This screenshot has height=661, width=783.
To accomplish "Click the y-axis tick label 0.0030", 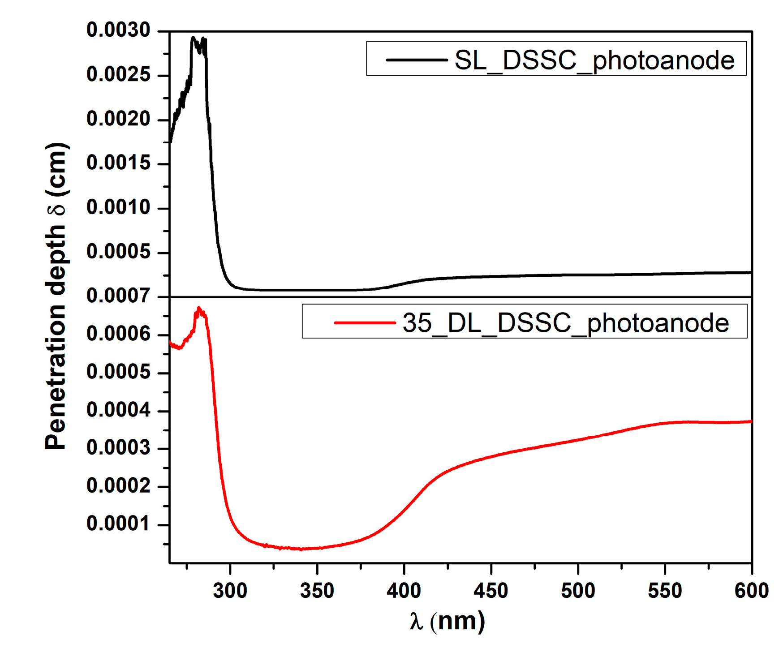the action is pyautogui.click(x=118, y=30).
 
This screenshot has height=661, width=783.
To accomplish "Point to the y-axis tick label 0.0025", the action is pyautogui.click(x=118, y=75).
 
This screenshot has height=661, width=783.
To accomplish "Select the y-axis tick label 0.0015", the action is pyautogui.click(x=118, y=163).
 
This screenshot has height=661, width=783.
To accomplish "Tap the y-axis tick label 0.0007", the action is pyautogui.click(x=118, y=296).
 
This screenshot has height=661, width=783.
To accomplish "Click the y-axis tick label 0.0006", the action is pyautogui.click(x=118, y=334).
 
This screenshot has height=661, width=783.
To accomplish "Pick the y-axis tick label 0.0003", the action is pyautogui.click(x=118, y=448).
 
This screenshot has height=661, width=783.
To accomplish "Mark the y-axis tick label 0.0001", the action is pyautogui.click(x=118, y=524).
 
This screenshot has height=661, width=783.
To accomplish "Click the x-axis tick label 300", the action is pyautogui.click(x=230, y=591).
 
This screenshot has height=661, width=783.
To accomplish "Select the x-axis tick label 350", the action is pyautogui.click(x=317, y=591).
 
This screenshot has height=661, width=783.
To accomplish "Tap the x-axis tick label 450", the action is pyautogui.click(x=491, y=591).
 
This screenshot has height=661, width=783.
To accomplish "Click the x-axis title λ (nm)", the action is pyautogui.click(x=447, y=622).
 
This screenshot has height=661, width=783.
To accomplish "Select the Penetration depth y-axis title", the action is pyautogui.click(x=56, y=296).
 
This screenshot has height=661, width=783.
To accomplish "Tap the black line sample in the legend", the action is pyautogui.click(x=417, y=60).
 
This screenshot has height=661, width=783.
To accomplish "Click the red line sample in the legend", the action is pyautogui.click(x=365, y=322).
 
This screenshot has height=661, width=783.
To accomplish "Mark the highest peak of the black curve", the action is pyautogui.click(x=193, y=38).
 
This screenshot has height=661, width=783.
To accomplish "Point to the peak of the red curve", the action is pyautogui.click(x=199, y=308).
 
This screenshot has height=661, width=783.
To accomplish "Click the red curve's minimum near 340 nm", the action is pyautogui.click(x=301, y=549).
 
